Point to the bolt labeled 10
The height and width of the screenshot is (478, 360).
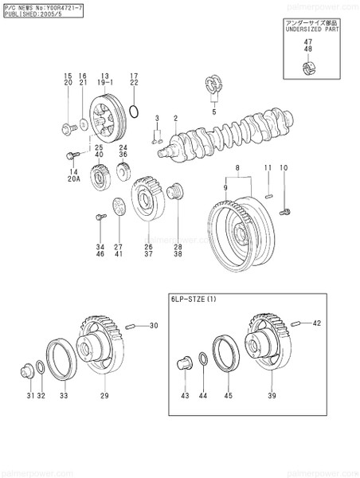pos(288,211)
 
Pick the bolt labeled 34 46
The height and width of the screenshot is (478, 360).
pos(100,216)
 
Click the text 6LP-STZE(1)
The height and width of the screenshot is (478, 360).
pos(194,300)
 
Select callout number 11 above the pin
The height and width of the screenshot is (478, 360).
pos(268,168)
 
